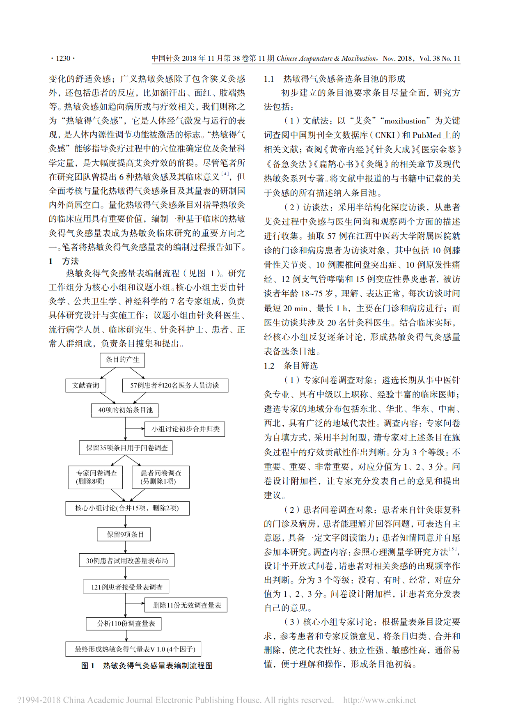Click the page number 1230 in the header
(63, 58)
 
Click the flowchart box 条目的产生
(122, 360)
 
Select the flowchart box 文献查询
(86, 385)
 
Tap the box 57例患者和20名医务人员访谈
(175, 385)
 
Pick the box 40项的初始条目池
(125, 410)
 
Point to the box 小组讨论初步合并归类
(185, 429)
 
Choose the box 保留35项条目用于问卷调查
(126, 448)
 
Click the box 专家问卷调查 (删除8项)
(96, 477)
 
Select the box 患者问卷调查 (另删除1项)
(160, 477)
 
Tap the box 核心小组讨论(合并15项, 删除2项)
(127, 508)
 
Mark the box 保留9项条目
(125, 534)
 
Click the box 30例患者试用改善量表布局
(127, 561)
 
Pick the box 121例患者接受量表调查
(126, 587)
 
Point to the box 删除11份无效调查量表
(186, 605)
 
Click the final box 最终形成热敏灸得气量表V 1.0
(133, 649)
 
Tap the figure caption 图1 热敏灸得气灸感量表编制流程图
(147, 666)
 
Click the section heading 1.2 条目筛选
(291, 366)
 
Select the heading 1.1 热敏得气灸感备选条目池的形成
(334, 79)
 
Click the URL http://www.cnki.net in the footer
(379, 700)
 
